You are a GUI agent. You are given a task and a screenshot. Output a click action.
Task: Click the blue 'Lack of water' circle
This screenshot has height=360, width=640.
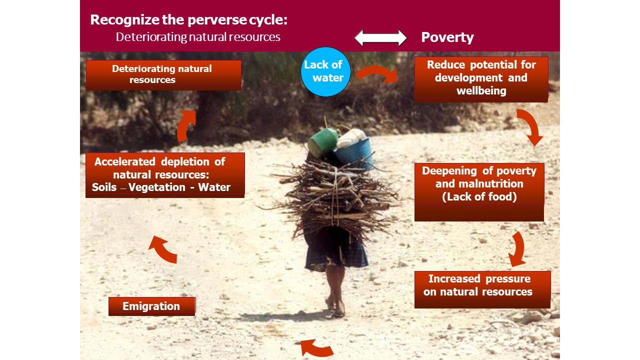pyautogui.click(x=325, y=71)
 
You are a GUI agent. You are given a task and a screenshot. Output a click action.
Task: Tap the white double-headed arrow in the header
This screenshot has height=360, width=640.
pyautogui.click(x=380, y=37)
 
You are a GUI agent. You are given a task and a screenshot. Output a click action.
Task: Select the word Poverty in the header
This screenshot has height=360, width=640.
pyautogui.click(x=447, y=37)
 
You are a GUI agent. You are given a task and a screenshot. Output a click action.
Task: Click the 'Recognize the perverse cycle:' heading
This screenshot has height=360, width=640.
pyautogui.click(x=189, y=20)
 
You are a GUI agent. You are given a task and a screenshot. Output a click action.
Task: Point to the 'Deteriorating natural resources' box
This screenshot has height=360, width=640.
pyautogui.click(x=163, y=75)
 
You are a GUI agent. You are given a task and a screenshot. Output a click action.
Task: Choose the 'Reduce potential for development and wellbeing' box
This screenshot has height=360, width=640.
pyautogui.click(x=481, y=79)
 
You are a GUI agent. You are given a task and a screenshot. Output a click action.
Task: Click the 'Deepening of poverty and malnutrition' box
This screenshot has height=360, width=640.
pyautogui.click(x=479, y=192)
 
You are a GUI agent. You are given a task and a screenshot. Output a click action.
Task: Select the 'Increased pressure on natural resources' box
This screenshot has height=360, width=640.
pyautogui.click(x=482, y=289)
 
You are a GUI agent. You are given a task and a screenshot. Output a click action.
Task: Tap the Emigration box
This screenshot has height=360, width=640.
pyautogui.click(x=152, y=306)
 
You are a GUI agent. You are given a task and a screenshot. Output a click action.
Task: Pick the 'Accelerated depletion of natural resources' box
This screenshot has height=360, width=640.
pyautogui.click(x=165, y=175)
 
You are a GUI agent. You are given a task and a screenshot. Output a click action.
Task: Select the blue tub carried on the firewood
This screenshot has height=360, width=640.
pyautogui.click(x=353, y=153)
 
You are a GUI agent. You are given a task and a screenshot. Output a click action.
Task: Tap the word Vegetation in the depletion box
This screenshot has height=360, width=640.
pyautogui.click(x=157, y=187)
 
